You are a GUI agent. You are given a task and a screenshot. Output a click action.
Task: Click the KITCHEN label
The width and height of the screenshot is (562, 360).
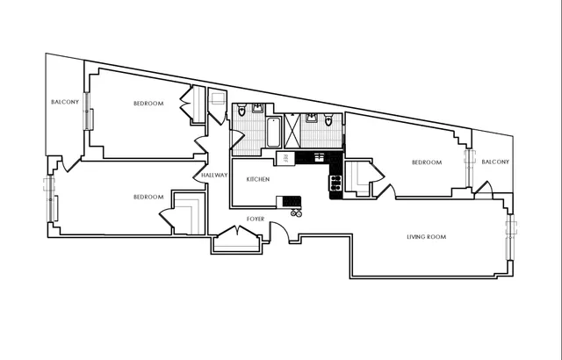(257, 179)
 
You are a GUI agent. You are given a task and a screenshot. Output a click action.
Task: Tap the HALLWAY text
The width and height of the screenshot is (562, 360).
(214, 175)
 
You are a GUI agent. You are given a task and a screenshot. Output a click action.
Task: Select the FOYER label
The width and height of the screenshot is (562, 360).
(255, 218)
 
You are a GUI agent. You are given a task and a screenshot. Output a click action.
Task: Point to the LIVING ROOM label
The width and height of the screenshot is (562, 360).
(427, 237)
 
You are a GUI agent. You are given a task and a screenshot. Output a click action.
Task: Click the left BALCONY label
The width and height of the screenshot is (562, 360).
(65, 103)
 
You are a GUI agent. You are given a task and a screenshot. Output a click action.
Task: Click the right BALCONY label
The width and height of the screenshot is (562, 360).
(494, 162)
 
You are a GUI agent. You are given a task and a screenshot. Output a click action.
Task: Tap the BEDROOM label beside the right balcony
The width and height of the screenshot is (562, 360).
(427, 162)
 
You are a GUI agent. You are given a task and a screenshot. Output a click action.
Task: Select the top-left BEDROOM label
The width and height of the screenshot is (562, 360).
(148, 104)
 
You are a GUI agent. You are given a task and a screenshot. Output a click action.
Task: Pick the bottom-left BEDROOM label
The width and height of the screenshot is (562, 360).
(148, 197)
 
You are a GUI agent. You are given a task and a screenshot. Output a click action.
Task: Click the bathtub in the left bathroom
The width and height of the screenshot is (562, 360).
(273, 133)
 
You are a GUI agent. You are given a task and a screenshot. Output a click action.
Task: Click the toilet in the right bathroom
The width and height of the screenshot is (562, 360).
(328, 120)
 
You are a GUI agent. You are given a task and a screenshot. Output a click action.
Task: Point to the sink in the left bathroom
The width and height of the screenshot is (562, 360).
(256, 109)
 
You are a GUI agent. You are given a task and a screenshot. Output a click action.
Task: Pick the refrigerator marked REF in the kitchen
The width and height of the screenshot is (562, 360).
(285, 158)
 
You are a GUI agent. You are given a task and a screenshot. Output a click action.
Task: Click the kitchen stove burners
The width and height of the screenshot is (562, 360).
(335, 184)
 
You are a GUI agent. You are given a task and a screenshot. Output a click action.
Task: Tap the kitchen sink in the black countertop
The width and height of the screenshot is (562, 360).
(312, 157)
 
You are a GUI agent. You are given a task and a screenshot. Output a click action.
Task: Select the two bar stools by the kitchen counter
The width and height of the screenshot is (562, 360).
(297, 212)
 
